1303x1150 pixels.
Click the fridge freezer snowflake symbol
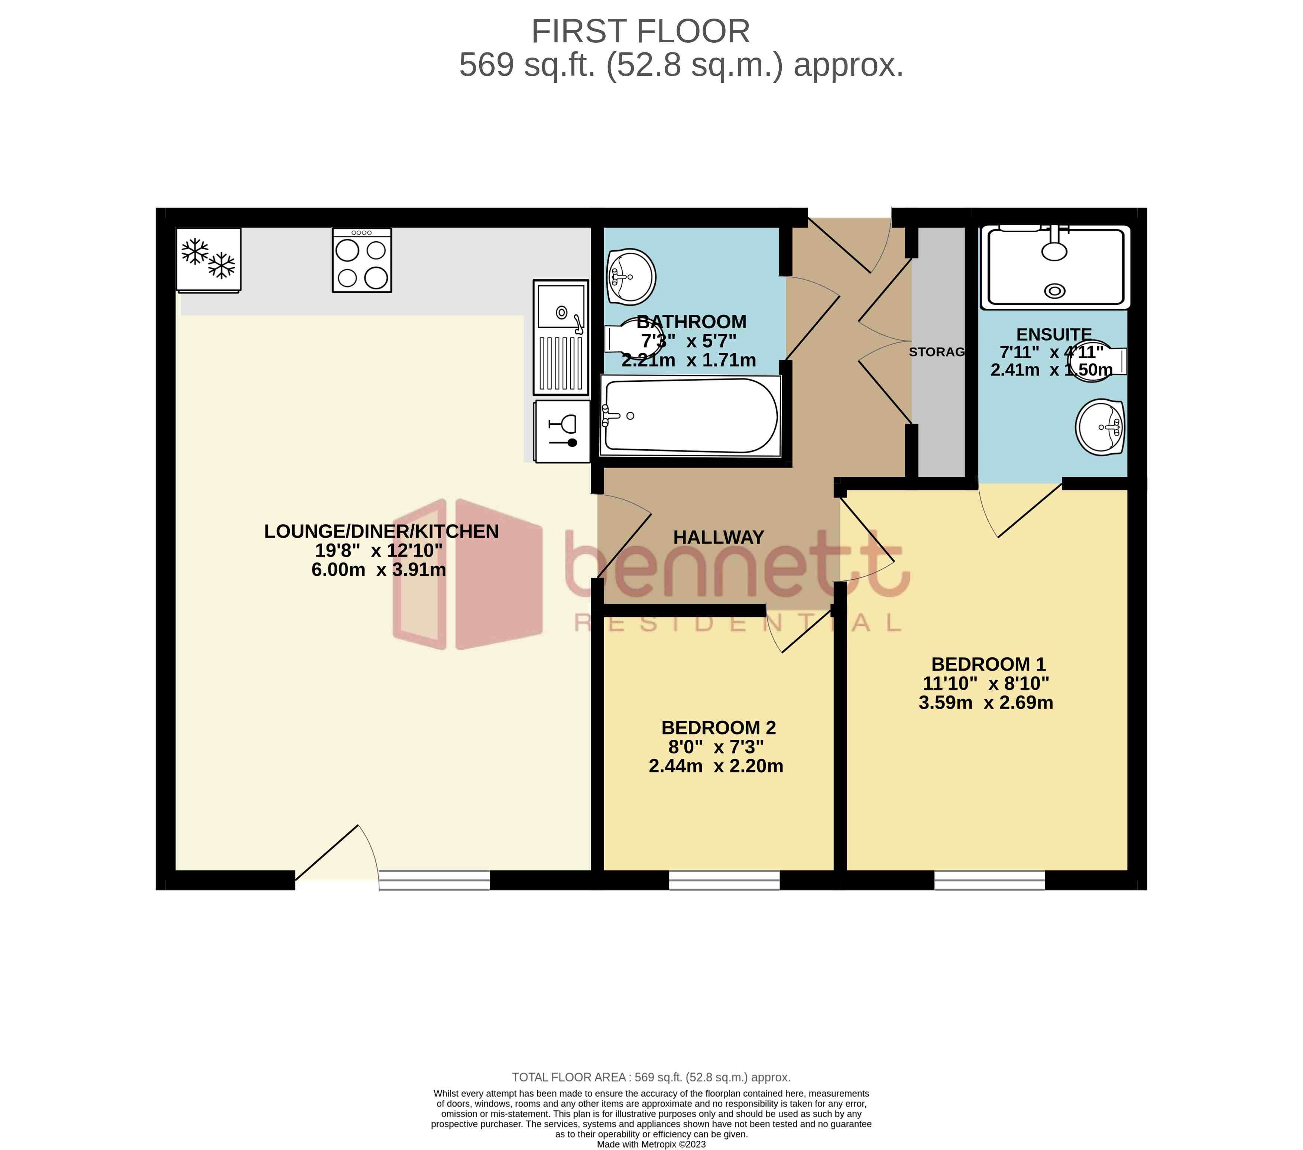coord(208,259)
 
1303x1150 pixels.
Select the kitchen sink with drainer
coord(561,338)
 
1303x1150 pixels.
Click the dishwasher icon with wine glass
coord(562,431)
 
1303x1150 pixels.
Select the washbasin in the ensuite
coord(1100,427)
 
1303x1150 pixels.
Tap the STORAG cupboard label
coord(936,352)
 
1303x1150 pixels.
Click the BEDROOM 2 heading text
coord(719,727)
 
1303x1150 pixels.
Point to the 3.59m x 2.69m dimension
coord(986,703)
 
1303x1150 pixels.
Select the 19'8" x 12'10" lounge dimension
coord(379,550)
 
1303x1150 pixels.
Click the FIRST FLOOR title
coord(641,32)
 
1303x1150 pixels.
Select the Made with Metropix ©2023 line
coord(651,1144)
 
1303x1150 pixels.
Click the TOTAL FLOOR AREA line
coord(651,1077)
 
